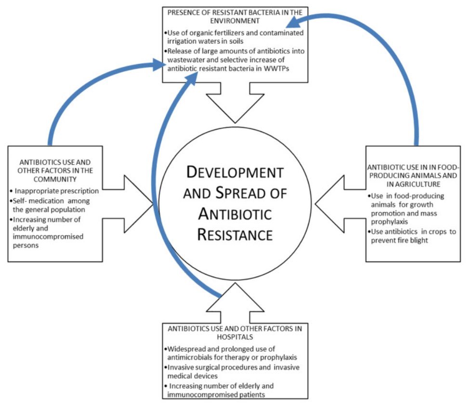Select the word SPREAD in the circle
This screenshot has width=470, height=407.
coord(250,194)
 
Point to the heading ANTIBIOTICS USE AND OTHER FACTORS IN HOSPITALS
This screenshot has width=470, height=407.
coord(235,333)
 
